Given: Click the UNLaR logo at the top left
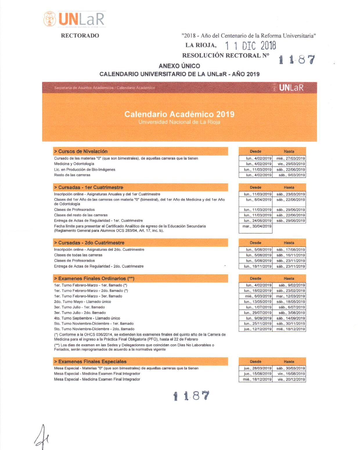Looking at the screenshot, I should pos(74,19).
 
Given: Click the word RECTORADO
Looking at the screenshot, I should pos(80,35).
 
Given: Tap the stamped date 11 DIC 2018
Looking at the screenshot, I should pos(251,46).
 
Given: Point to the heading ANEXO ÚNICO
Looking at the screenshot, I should pos(179,66).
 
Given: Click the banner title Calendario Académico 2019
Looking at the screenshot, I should pos(179,114).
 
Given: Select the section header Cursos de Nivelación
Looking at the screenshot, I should pos(83,151).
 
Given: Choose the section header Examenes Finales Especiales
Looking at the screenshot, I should pos(92,362).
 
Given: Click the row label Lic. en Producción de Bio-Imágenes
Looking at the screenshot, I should pos(84,170).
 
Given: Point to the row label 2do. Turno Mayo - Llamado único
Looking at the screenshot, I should pos(82,302).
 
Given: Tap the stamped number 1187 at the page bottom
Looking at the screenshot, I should pos(191,396).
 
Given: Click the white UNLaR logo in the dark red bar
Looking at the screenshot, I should pos(291,88).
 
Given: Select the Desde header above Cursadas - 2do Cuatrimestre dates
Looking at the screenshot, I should pos(255,243).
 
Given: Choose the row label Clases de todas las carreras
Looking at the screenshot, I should pos(78,255).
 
